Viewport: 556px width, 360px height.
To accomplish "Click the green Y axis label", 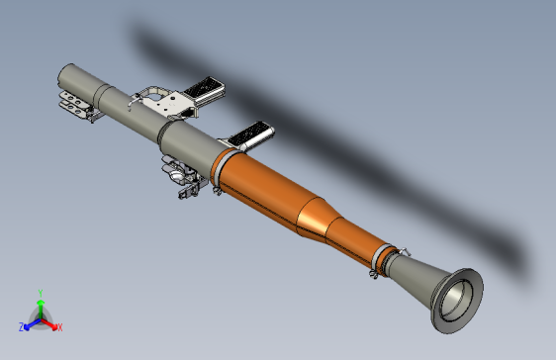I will click(40, 292).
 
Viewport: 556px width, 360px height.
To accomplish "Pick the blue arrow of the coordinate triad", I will click(31, 322).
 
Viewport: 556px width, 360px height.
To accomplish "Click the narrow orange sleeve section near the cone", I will click(351, 240).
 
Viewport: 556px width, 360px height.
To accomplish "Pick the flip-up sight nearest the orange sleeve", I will click(251, 135).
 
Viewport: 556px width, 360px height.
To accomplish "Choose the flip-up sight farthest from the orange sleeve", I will click(205, 89).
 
